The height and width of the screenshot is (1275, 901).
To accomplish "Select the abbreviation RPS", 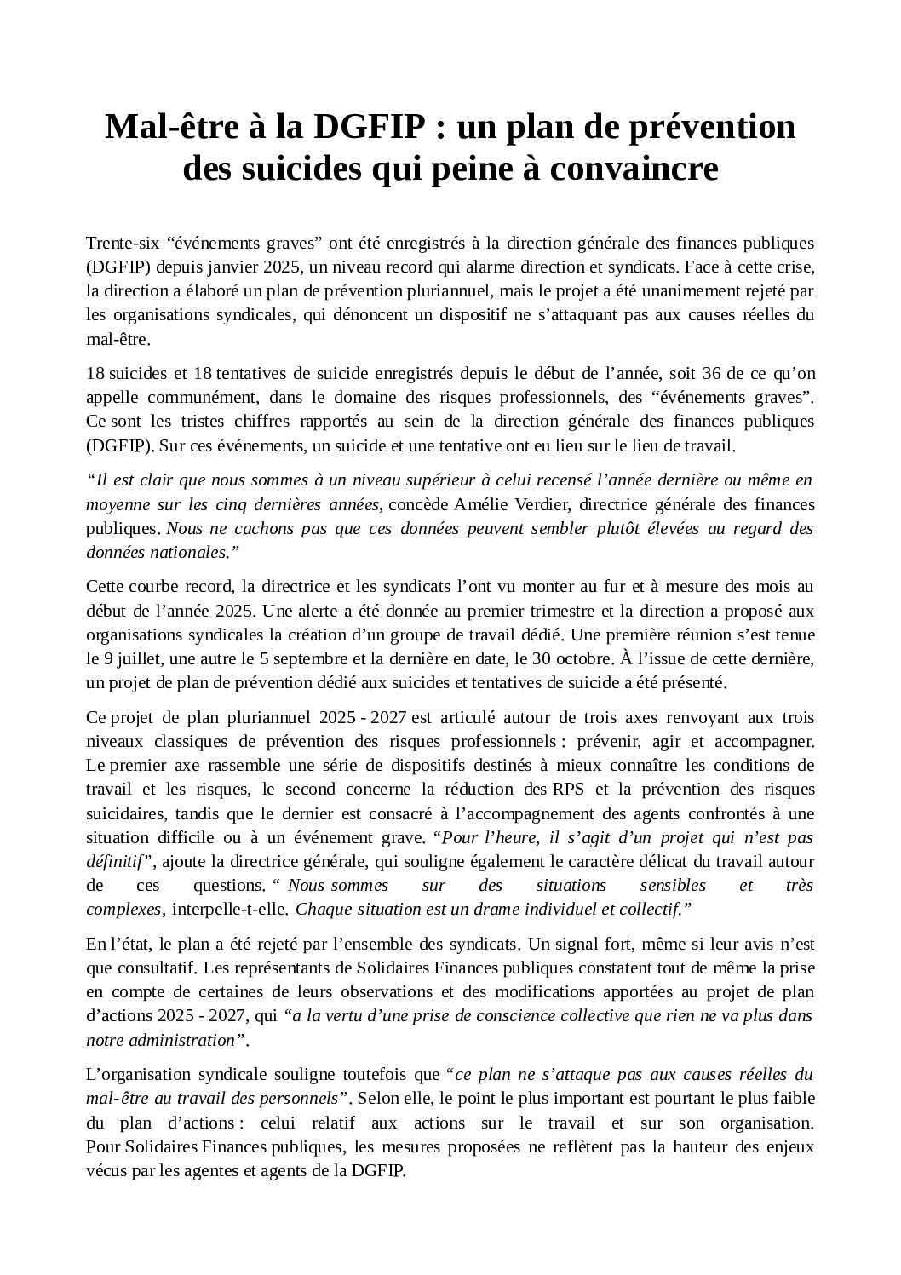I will tap(567, 789).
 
